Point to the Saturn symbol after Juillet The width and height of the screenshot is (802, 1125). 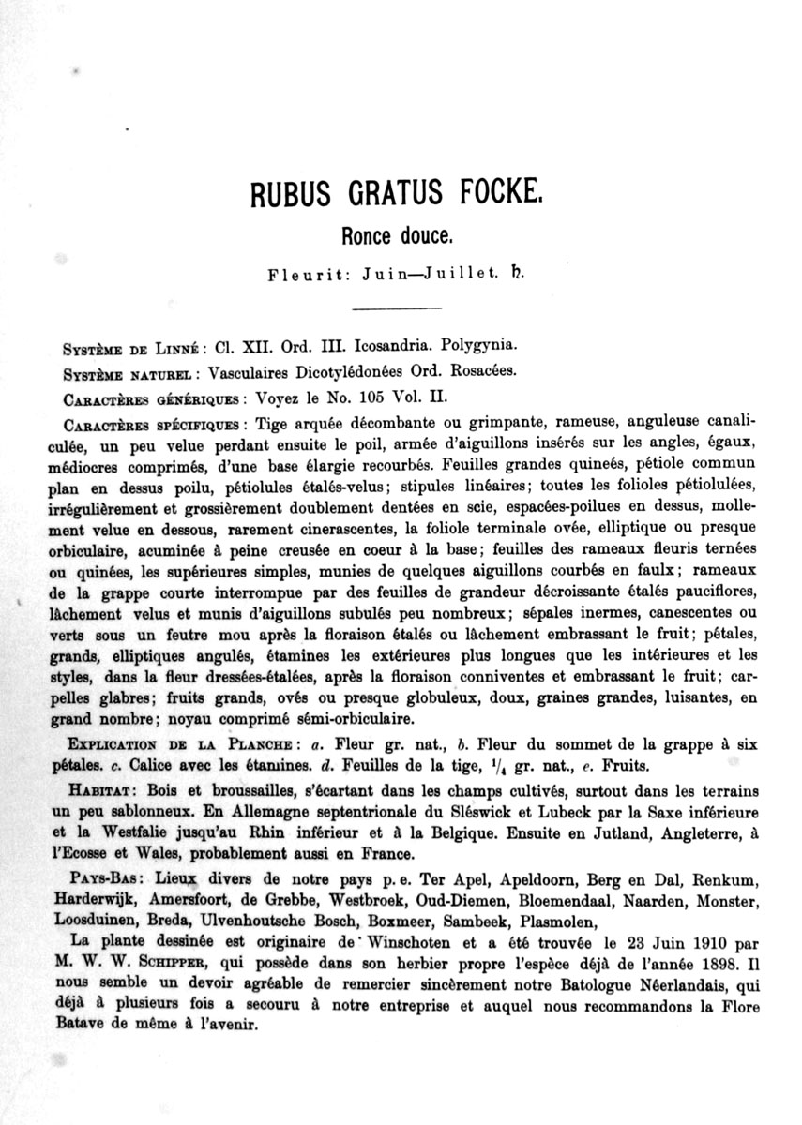click(515, 277)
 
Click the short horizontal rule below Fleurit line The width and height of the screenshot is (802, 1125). click(388, 307)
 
